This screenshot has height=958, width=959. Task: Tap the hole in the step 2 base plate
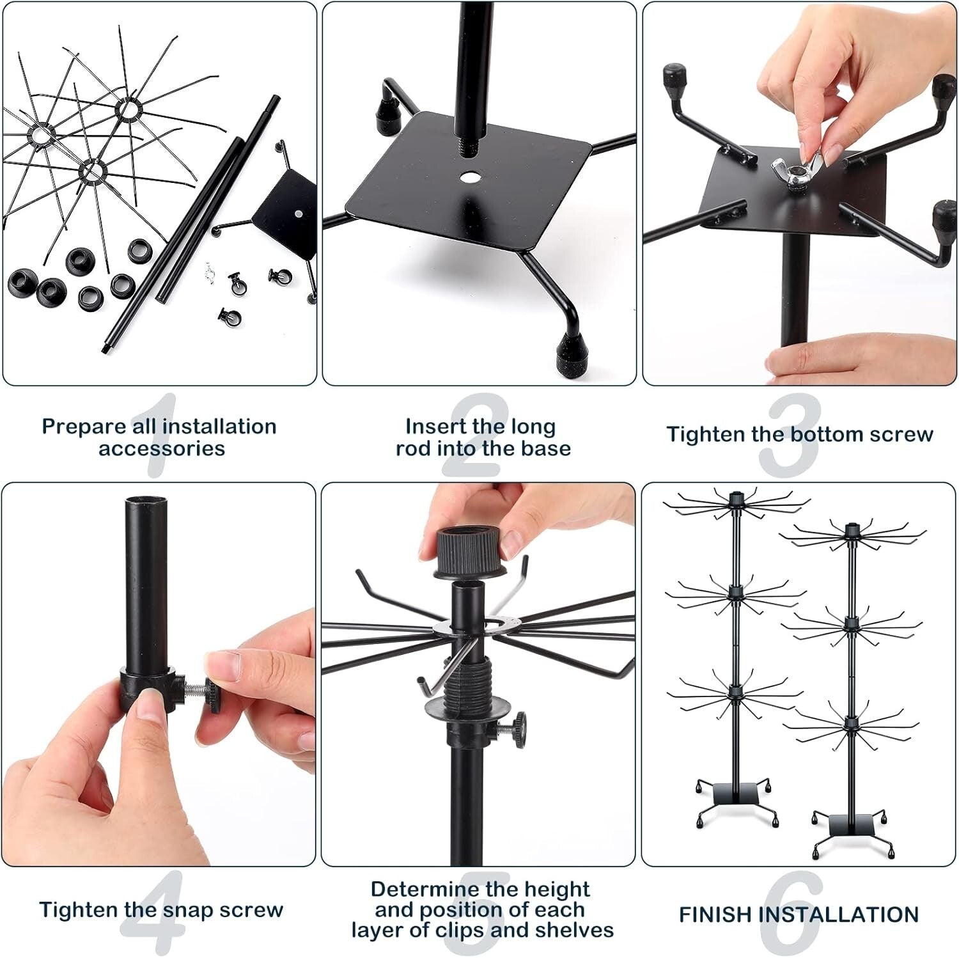pyautogui.click(x=471, y=177)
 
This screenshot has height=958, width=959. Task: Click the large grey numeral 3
pyautogui.click(x=790, y=435)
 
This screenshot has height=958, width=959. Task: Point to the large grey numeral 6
pyautogui.click(x=793, y=911)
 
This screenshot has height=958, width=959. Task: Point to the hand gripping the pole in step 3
pyautogui.click(x=814, y=362)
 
